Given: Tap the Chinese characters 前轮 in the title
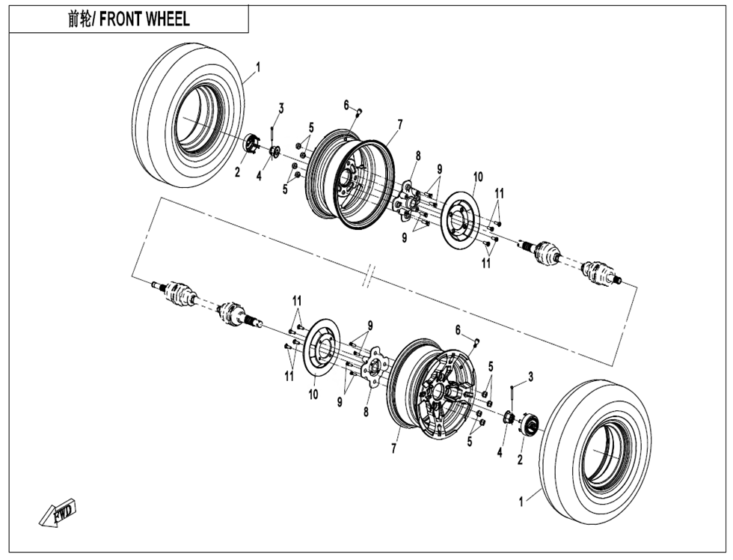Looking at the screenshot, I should [x=78, y=19].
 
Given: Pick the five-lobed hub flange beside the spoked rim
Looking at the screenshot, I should [x=372, y=367].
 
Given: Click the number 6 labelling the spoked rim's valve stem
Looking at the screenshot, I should [x=458, y=329].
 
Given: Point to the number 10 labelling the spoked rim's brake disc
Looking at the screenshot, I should [x=314, y=394].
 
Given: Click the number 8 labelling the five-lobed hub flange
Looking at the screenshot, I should [x=366, y=412].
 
